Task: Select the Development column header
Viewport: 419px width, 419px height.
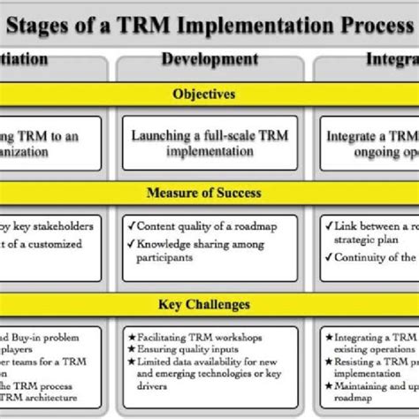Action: coord(209,60)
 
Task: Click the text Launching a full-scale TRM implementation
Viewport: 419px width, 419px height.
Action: coord(209,143)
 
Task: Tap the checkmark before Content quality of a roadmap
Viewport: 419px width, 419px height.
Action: coord(129,225)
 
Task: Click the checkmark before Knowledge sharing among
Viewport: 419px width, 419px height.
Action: coord(129,244)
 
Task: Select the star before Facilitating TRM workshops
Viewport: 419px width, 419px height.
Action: coord(129,337)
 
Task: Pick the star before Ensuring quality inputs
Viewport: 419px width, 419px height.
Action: coord(129,350)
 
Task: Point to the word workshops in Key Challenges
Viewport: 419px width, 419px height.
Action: coord(247,337)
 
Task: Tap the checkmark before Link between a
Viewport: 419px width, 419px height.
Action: coord(328,225)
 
